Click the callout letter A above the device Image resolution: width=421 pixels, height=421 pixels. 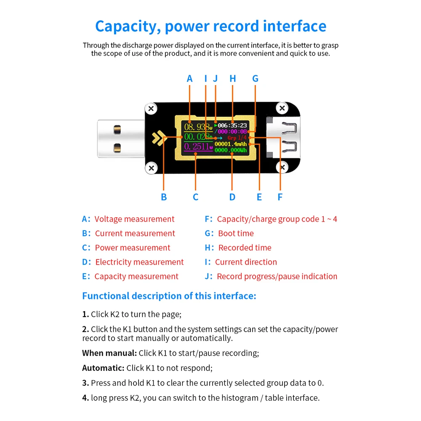[189, 78]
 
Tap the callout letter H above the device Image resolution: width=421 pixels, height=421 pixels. [233, 78]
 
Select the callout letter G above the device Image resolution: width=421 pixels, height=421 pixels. [255, 78]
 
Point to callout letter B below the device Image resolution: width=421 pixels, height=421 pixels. [164, 197]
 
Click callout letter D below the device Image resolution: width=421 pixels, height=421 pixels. [232, 197]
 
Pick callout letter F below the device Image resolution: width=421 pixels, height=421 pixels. [280, 197]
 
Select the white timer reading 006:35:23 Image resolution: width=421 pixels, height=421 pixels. [232, 125]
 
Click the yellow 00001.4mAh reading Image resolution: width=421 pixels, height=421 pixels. [231, 144]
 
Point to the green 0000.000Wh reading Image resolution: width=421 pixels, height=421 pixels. [231, 150]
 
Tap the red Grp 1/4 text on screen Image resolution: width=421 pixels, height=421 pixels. [237, 138]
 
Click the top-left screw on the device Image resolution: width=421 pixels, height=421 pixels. [151, 109]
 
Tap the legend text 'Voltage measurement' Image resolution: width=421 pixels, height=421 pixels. [134, 219]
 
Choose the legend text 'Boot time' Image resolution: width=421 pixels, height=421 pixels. [236, 233]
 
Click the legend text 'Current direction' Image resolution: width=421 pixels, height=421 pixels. [246, 262]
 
